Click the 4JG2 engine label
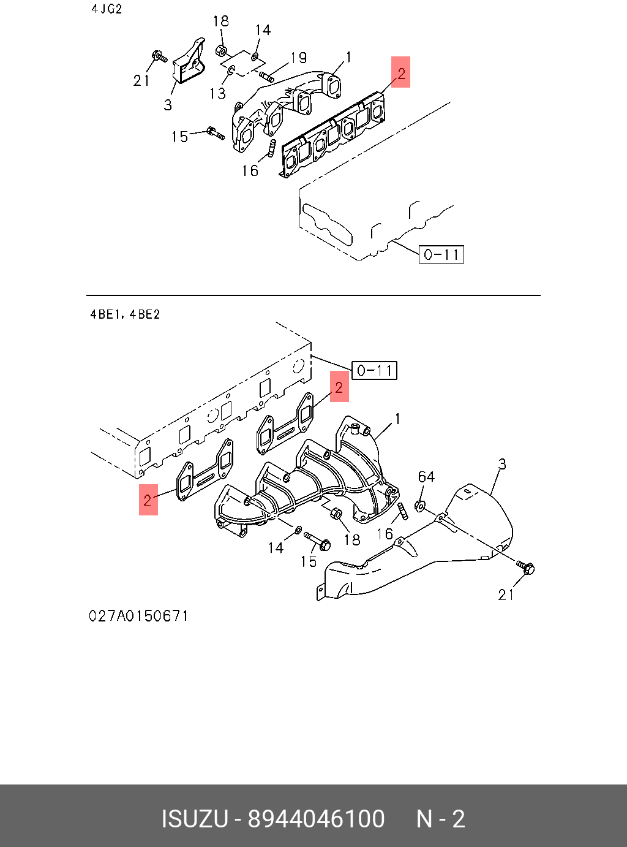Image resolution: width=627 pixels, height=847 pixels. point(107,9)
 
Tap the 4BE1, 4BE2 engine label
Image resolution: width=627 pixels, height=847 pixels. point(125,314)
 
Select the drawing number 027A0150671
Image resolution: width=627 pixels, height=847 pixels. point(138,616)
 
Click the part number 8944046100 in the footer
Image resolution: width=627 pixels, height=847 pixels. point(316,818)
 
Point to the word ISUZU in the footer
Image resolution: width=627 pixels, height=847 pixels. point(195,818)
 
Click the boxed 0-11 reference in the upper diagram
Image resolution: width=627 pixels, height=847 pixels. point(441,254)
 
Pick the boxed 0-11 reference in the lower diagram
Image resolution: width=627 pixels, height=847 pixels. point(374,370)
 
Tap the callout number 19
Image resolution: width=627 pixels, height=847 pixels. point(298,58)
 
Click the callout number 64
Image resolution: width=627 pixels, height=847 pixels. point(426,477)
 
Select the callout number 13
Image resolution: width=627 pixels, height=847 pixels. point(217,93)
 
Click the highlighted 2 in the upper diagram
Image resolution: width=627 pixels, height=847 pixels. point(400,72)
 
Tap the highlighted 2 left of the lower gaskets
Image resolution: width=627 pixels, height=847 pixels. point(148,500)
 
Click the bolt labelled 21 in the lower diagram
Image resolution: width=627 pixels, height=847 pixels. point(526,568)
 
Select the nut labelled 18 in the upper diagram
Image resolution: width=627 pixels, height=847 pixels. point(221,50)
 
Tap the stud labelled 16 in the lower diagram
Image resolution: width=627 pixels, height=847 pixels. point(403,512)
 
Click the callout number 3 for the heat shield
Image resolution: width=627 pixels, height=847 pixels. point(502,465)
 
